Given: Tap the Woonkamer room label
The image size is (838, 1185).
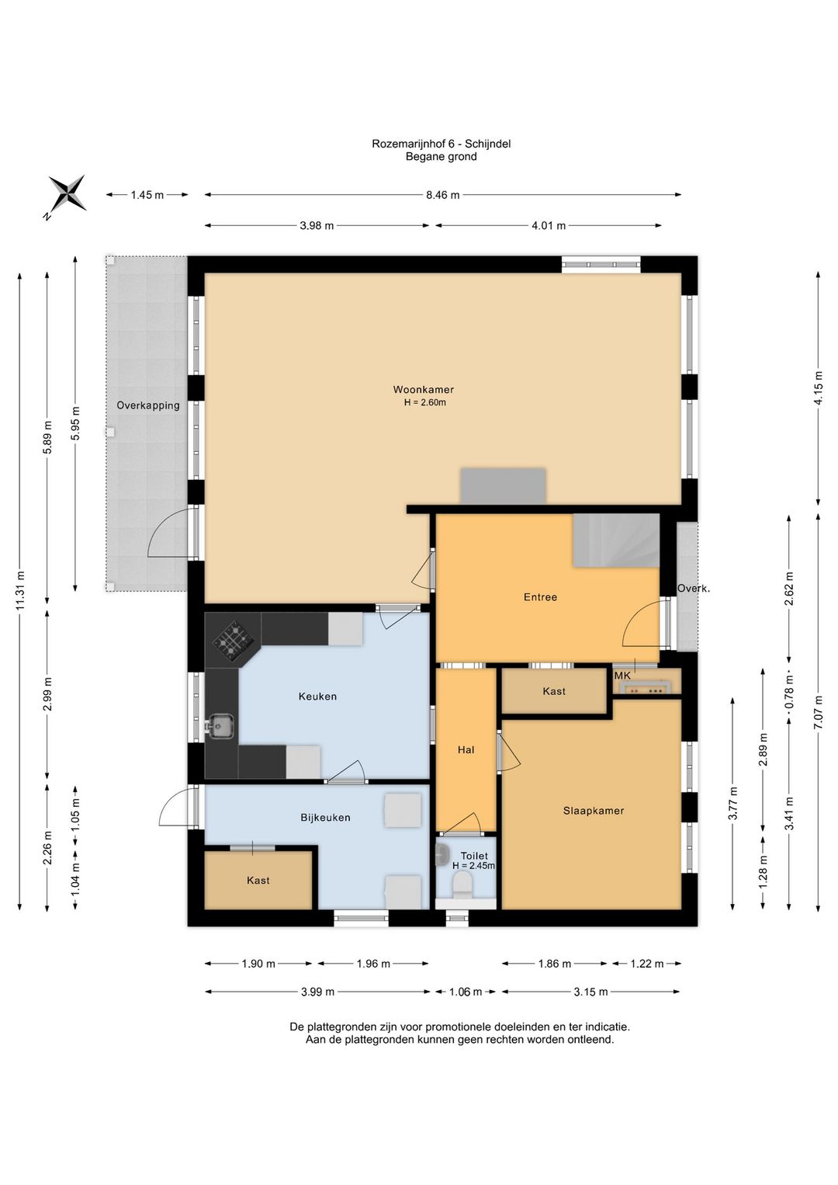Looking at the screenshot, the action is pyautogui.click(x=423, y=390).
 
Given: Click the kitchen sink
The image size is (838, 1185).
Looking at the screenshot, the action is pyautogui.click(x=221, y=726).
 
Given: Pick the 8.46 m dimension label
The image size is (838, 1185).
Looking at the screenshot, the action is pyautogui.click(x=442, y=195).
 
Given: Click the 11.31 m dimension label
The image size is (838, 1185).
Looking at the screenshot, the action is pyautogui.click(x=20, y=590).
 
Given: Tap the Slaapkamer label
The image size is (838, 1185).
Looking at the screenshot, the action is pyautogui.click(x=594, y=811).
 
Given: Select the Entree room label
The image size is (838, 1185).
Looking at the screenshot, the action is pyautogui.click(x=540, y=596).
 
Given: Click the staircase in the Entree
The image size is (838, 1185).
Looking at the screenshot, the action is pyautogui.click(x=616, y=540).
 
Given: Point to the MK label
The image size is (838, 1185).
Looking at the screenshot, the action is pyautogui.click(x=622, y=676).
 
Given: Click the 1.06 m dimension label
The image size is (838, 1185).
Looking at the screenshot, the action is pyautogui.click(x=465, y=992).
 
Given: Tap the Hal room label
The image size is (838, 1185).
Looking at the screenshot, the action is pyautogui.click(x=466, y=749).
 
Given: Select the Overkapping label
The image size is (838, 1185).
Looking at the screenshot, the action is pyautogui.click(x=148, y=405).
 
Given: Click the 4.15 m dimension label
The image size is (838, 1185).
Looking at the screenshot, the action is pyautogui.click(x=819, y=388).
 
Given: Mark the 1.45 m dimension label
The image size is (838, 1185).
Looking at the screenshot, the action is pyautogui.click(x=147, y=195).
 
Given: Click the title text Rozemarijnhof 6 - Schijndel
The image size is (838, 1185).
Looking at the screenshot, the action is pyautogui.click(x=441, y=144).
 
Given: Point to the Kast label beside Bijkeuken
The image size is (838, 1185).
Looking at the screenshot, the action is pyautogui.click(x=258, y=881).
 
